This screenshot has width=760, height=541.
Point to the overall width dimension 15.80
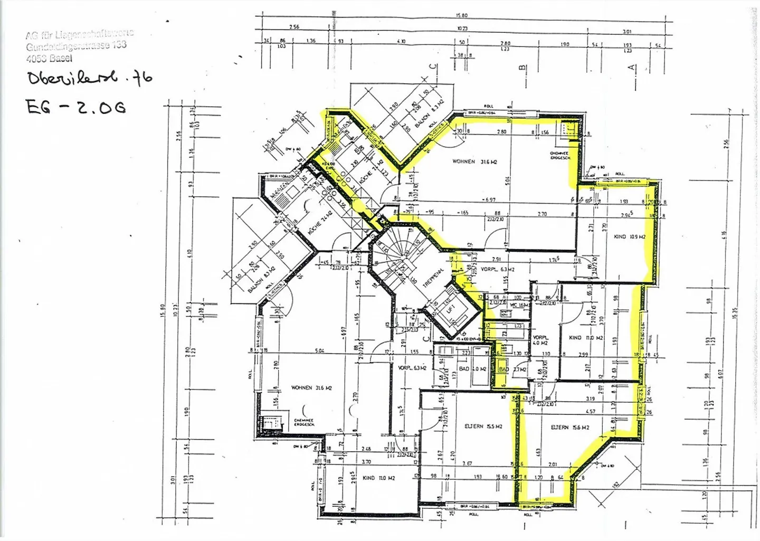pyautogui.click(x=462, y=15)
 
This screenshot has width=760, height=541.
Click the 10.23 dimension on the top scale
pyautogui.click(x=462, y=28)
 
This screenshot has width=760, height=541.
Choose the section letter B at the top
pyautogui.click(x=522, y=68)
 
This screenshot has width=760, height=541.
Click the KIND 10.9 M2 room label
pyautogui.click(x=629, y=237)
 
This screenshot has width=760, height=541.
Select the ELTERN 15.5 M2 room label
pyautogui.click(x=483, y=426)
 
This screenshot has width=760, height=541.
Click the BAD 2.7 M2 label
pyautogui.click(x=512, y=369)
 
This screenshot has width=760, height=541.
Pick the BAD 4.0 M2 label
pyautogui.click(x=471, y=369)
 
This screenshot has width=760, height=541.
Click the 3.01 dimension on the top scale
pyautogui.click(x=627, y=32)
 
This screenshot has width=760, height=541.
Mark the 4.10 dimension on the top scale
pyautogui.click(x=402, y=41)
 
